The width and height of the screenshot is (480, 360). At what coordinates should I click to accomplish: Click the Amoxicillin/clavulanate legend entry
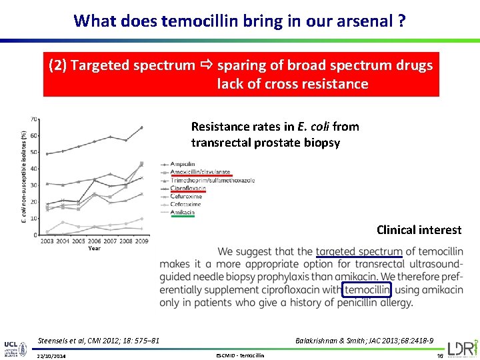point(200,171)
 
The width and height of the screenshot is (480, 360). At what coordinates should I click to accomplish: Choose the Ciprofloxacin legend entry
point(189,188)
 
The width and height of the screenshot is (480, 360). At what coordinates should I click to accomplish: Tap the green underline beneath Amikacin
point(182,216)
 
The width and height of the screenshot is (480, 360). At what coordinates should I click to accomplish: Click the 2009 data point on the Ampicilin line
point(141,127)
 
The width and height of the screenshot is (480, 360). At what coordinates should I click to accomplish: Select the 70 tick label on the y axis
point(34,119)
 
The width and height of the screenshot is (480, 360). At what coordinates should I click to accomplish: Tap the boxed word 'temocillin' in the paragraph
point(367,289)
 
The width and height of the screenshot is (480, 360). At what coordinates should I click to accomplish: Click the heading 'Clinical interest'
point(419,230)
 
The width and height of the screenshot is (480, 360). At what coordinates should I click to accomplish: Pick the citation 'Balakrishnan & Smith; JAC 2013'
point(364,341)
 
